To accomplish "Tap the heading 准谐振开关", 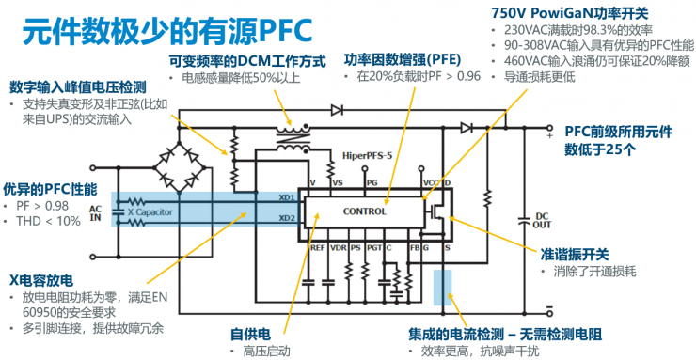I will click(574, 254).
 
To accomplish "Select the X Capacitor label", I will click(151, 212).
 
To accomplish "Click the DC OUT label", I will click(542, 223).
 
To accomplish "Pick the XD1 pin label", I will click(288, 197).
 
